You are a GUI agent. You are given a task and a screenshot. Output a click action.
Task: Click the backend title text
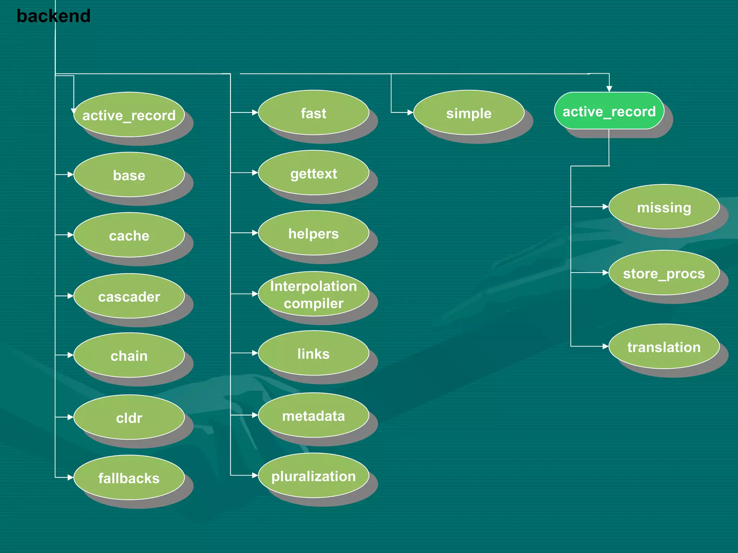(53, 16)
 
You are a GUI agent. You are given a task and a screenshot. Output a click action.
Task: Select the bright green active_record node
(609, 111)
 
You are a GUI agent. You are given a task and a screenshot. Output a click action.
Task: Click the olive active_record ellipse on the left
(129, 115)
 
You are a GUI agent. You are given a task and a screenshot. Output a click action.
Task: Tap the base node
(129, 175)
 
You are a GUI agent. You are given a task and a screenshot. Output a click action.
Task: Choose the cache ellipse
(129, 235)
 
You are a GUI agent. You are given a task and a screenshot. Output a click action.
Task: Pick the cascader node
(129, 296)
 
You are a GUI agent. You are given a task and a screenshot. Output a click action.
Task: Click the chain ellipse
(129, 355)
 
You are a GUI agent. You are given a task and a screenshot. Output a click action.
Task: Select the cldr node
(129, 417)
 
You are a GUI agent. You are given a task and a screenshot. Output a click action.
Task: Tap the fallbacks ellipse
(129, 478)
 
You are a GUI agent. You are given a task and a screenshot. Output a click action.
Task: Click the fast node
(314, 113)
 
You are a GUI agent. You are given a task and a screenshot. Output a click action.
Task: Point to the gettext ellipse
(314, 173)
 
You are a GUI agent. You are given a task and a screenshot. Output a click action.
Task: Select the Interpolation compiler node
(314, 294)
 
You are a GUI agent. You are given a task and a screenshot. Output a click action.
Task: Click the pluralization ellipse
(314, 476)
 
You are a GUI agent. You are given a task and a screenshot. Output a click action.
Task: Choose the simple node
(468, 113)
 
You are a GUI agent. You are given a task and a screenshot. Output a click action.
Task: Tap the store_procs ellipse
(664, 273)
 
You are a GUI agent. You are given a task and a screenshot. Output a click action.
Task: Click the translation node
(664, 347)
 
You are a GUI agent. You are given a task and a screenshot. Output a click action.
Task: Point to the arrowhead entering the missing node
(605, 207)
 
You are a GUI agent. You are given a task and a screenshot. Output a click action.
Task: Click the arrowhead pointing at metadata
(255, 415)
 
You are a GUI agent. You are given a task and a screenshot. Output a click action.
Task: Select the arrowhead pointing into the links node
(255, 353)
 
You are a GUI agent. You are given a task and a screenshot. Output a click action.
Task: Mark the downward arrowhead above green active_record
(609, 89)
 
